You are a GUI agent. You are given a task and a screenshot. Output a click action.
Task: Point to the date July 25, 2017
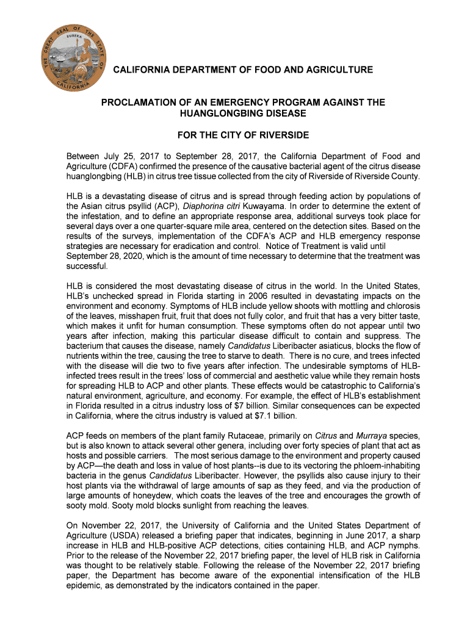click(x=130, y=156)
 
